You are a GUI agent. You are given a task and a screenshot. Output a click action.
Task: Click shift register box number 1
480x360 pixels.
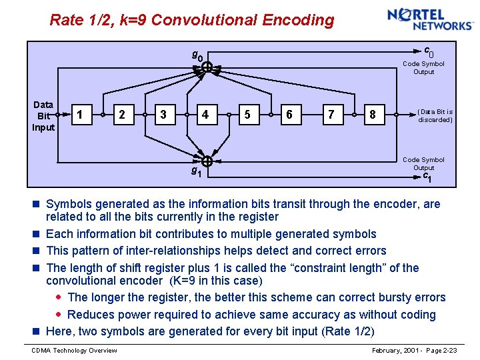(x=80, y=115)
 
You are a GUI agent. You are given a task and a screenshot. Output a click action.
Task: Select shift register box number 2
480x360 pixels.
(x=121, y=115)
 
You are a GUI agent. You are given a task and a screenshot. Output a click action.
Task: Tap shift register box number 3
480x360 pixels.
(x=163, y=115)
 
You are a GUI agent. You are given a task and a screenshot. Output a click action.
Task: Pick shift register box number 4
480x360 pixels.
(x=205, y=115)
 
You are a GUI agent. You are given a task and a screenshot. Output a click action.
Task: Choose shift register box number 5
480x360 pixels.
(x=247, y=115)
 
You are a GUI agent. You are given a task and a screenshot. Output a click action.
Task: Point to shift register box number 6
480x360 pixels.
(x=289, y=115)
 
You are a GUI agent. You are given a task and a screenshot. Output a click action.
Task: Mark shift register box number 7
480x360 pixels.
(x=331, y=115)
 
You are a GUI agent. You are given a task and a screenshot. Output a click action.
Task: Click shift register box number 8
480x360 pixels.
(x=372, y=115)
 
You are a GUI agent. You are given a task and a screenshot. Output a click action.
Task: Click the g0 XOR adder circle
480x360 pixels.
(x=207, y=67)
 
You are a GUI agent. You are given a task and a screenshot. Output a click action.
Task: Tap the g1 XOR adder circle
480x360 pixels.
(x=207, y=162)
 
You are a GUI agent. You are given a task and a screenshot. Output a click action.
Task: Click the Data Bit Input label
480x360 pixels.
(x=43, y=115)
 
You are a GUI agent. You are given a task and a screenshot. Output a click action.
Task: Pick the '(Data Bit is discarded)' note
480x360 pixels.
(x=435, y=115)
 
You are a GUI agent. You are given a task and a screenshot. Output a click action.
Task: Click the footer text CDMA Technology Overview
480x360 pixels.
(x=75, y=351)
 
